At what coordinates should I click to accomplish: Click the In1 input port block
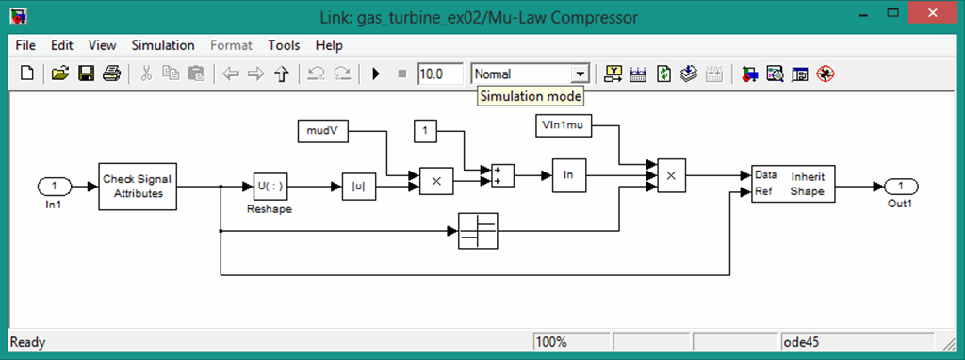pos(55,185)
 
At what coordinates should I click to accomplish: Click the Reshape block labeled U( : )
pos(270,186)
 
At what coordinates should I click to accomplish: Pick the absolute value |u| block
pos(358,186)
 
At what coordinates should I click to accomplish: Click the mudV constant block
pos(322,131)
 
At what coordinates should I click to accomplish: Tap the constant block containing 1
pos(426,131)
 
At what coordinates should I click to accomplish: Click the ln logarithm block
pos(568,174)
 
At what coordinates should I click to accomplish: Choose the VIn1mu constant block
pos(563,125)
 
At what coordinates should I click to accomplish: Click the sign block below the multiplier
pos(478,230)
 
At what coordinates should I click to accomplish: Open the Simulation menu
pos(162,45)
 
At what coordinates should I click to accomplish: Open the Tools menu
pos(283,45)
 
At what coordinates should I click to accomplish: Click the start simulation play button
pos(375,73)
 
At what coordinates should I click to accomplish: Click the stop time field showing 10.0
pos(440,73)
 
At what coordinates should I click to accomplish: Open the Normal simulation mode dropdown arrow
pos(581,74)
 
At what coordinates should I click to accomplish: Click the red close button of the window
pos(932,15)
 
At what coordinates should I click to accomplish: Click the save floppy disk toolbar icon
pos(86,73)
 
